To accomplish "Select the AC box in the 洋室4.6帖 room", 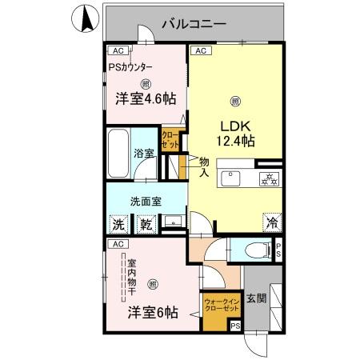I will [x=117, y=51].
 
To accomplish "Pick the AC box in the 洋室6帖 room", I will [x=117, y=243].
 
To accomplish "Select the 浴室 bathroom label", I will [x=144, y=153].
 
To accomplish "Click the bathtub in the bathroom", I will [x=118, y=155].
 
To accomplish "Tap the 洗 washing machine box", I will [x=118, y=225].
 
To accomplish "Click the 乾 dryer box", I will [x=147, y=225].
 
